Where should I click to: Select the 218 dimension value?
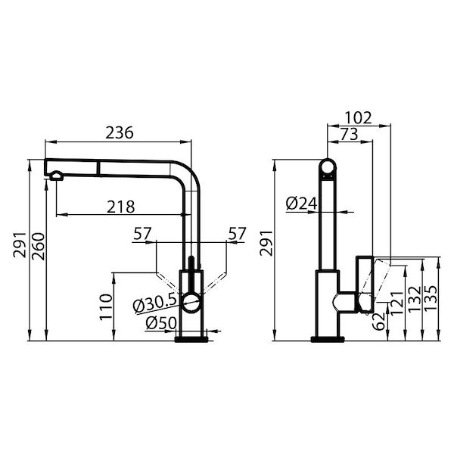pyautogui.click(x=120, y=205)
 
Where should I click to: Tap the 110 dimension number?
pyautogui.click(x=105, y=305)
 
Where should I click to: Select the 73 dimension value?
pyautogui.click(x=349, y=134)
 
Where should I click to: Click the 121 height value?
pyautogui.click(x=394, y=306)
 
